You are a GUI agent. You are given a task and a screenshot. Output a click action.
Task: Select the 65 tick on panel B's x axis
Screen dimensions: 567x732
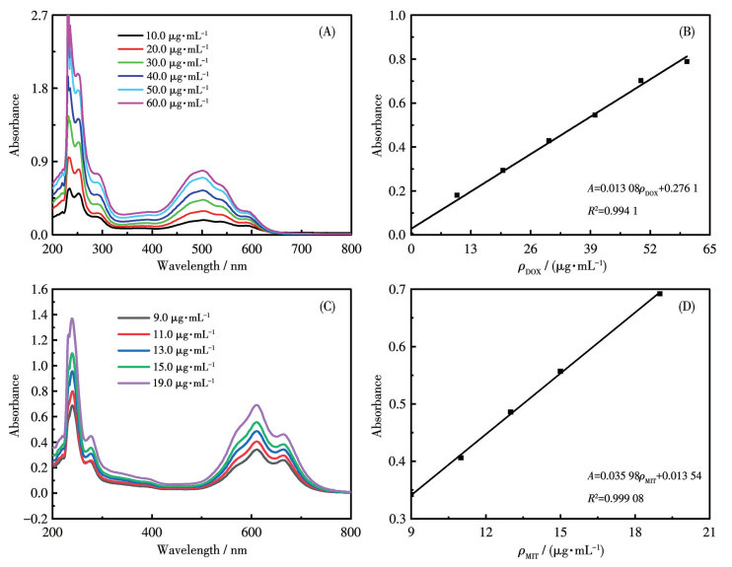point(708,249)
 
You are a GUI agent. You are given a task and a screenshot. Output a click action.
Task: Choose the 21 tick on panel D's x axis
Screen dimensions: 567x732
point(708,532)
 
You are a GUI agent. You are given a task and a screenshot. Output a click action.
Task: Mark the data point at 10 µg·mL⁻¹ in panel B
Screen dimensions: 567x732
point(457,195)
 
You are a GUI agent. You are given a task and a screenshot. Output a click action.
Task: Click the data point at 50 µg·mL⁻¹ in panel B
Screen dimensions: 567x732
point(640,81)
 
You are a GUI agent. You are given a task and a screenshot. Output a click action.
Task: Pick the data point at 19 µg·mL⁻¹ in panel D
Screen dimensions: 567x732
point(659,294)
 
